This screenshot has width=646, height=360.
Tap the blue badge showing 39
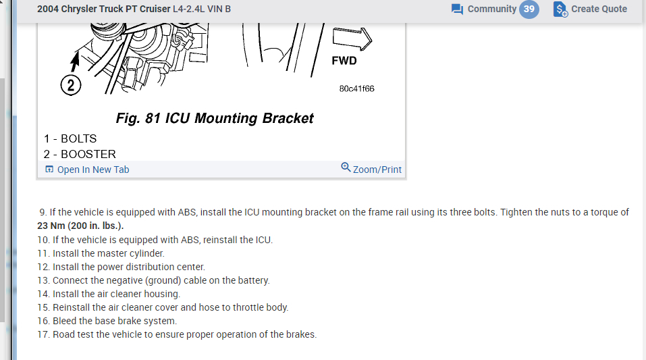coord(529,9)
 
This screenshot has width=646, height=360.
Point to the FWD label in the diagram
coord(344,61)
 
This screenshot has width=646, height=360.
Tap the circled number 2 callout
coord(70,86)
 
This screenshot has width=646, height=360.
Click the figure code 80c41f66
coord(356,88)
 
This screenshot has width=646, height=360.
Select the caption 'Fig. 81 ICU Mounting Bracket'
coord(215,118)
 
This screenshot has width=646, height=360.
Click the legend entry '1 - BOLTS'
coord(70,138)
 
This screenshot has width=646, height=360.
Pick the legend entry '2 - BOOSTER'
coord(80,154)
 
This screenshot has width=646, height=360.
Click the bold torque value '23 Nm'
coord(52,226)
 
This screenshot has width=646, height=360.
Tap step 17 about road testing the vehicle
coord(177,334)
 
